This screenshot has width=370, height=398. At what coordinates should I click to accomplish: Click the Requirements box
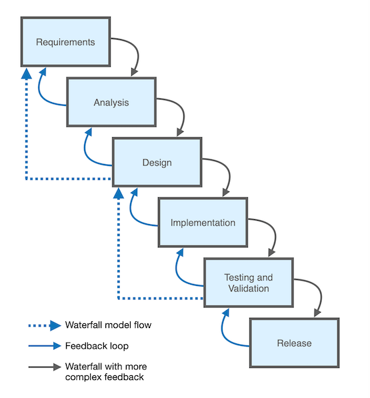[x=65, y=42]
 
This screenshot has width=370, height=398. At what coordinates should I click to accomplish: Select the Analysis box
[x=111, y=103]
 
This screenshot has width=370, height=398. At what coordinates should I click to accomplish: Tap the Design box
[x=157, y=163]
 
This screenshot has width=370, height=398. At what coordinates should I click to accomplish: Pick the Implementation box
[x=203, y=223]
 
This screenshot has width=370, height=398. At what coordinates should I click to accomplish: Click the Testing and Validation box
[x=248, y=283]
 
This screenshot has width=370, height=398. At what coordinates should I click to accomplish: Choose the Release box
[x=294, y=343]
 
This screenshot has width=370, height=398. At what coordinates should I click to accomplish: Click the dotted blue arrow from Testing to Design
[x=119, y=267]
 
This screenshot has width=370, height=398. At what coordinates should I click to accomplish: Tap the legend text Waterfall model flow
[x=108, y=325]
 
